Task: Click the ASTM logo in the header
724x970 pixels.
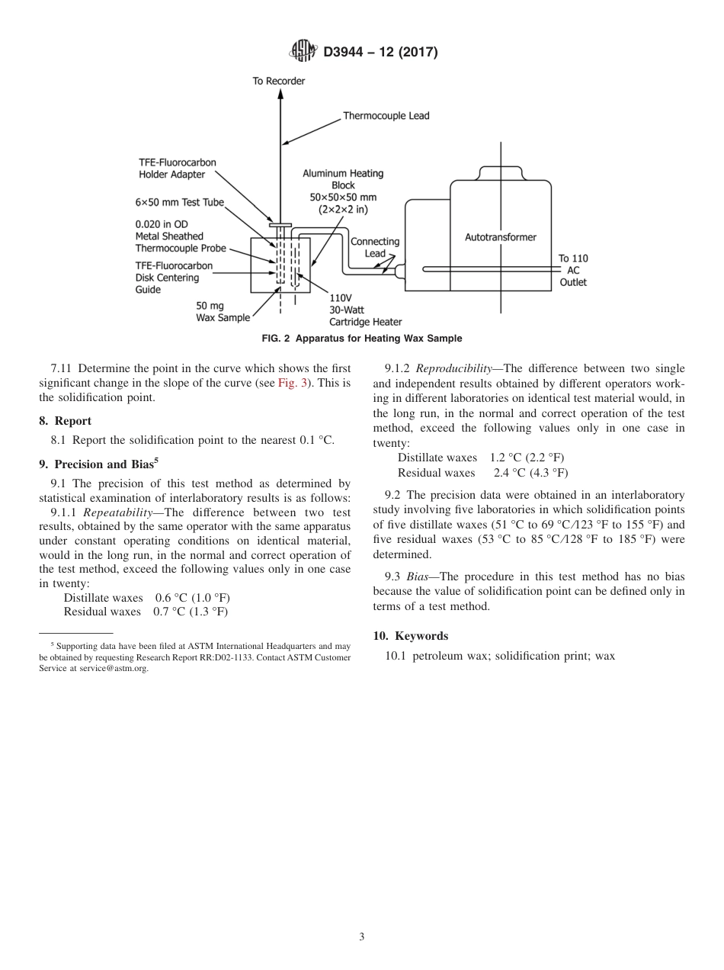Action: pos(304,53)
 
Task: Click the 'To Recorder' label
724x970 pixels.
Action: pos(279,81)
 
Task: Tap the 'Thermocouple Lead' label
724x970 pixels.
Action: pos(386,116)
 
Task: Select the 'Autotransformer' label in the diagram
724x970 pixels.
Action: pos(500,237)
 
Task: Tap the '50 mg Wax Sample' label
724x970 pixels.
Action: pos(223,311)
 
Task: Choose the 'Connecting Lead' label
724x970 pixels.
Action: pos(374,247)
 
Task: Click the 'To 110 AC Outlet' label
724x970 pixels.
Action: pos(573,270)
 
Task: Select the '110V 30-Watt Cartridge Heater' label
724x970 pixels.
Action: pos(365,310)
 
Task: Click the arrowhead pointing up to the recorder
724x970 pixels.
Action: pos(280,94)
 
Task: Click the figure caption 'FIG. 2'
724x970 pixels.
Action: pos(277,339)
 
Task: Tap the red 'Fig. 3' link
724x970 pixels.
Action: pos(293,384)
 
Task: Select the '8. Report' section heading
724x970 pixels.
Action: pos(66,421)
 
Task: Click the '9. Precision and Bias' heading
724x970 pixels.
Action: pos(98,463)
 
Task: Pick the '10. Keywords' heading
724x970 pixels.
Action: pos(410,635)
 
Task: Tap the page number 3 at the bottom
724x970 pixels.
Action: pos(362,937)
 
